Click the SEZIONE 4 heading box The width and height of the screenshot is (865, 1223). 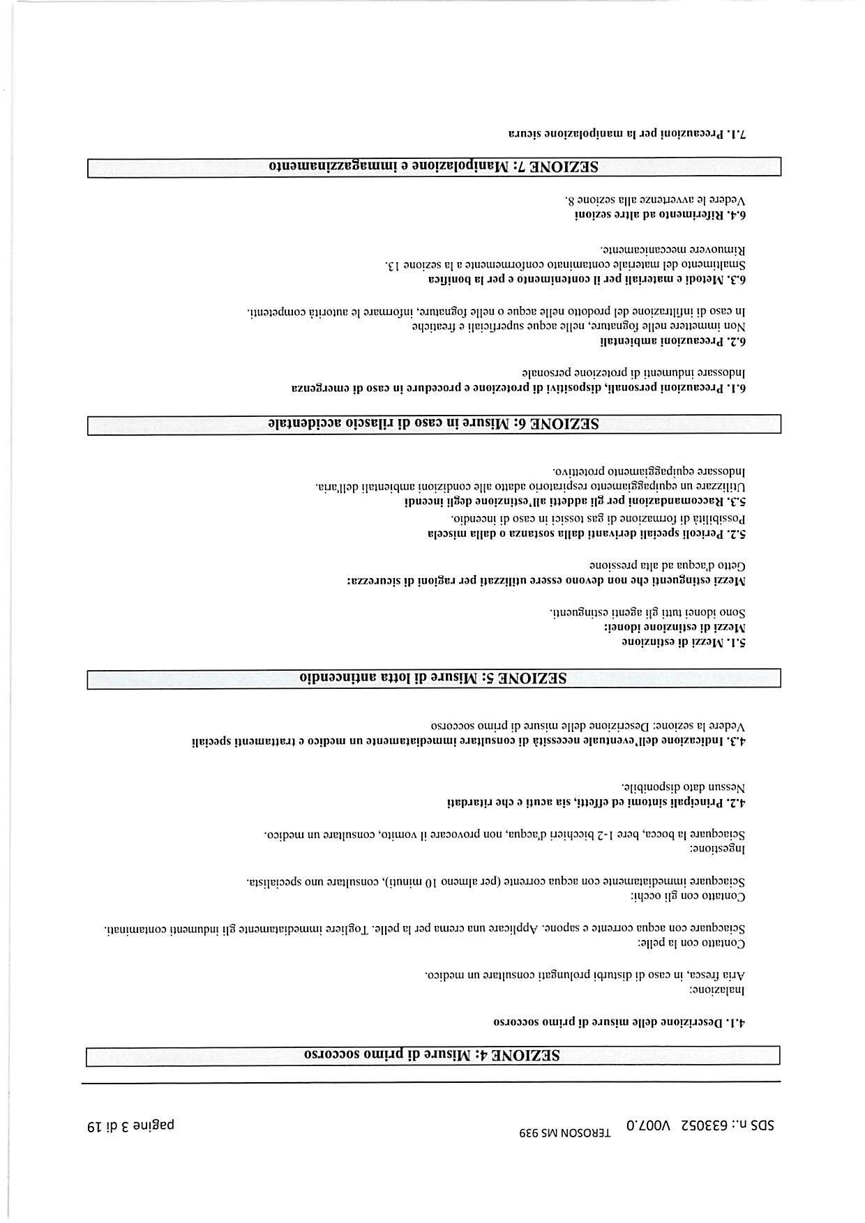[433, 1055]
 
